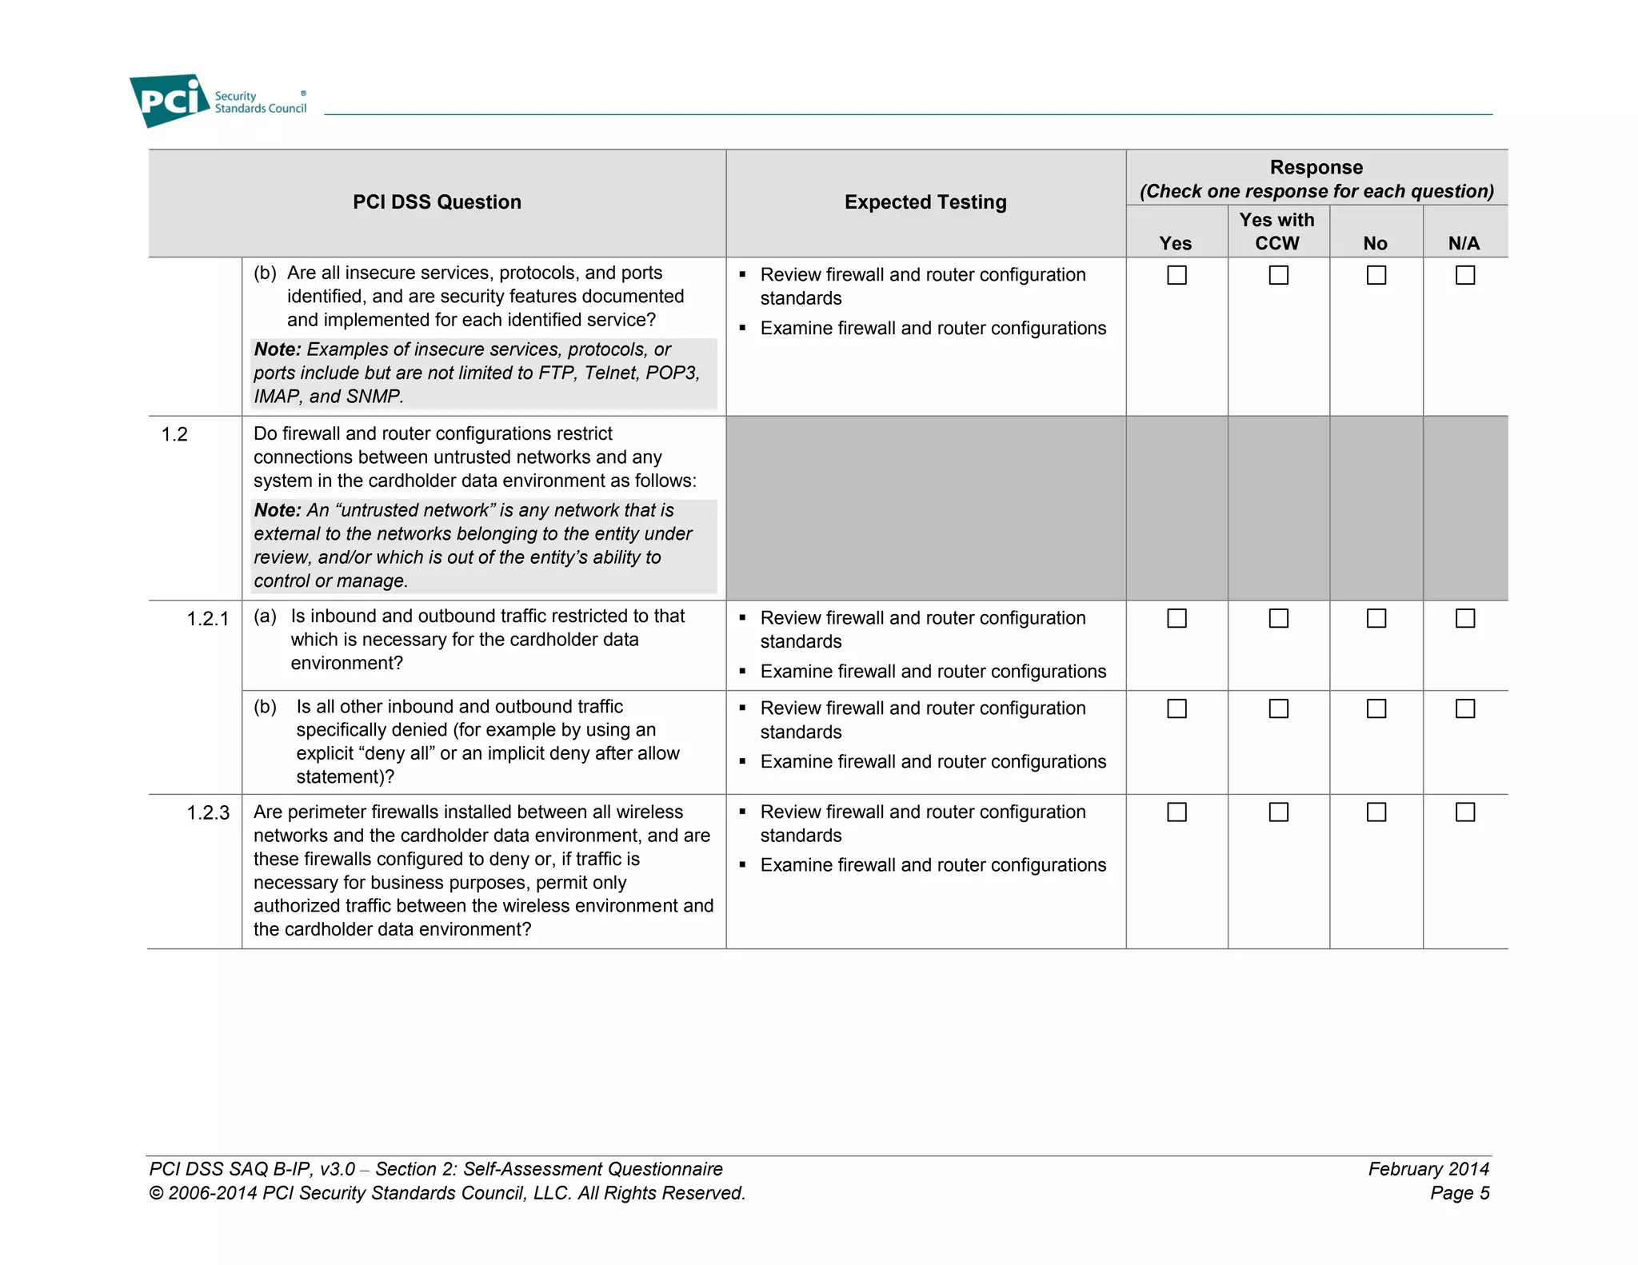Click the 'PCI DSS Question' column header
[437, 202]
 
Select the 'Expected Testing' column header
[925, 202]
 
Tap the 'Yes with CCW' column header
[1277, 231]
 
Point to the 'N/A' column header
[1464, 243]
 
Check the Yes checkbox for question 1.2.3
[1177, 812]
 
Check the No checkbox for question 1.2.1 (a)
[1376, 618]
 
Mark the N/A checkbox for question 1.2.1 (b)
[1464, 708]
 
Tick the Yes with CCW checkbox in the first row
[1278, 275]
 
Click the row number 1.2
[174, 434]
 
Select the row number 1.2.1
[208, 619]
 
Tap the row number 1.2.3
[208, 812]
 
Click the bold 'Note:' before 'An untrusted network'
[277, 510]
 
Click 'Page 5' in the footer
[1460, 1193]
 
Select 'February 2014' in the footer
[1428, 1169]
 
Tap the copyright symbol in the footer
[156, 1194]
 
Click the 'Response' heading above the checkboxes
[1316, 167]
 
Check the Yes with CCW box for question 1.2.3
[1278, 812]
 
